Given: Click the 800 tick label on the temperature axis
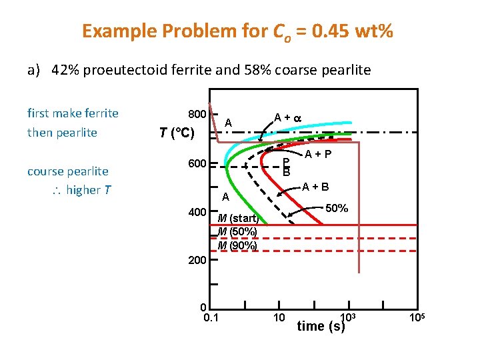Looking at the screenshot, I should [x=197, y=113].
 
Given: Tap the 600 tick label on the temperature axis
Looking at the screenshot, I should [x=197, y=165].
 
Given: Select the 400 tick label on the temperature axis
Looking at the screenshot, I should [x=197, y=212].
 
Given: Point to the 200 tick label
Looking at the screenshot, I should [x=197, y=260].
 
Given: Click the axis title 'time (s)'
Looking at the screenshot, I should [x=321, y=326].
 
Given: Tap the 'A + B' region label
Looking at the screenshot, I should [x=315, y=187].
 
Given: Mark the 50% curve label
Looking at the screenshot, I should [x=337, y=208].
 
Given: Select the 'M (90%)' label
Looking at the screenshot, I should [x=237, y=245].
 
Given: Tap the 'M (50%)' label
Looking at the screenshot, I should [x=237, y=231].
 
